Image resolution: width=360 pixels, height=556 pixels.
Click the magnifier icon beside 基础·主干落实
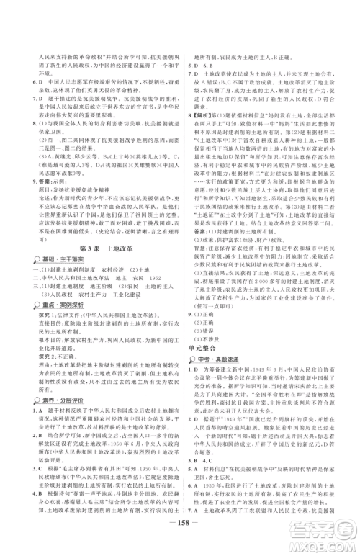click(x=25, y=259)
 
